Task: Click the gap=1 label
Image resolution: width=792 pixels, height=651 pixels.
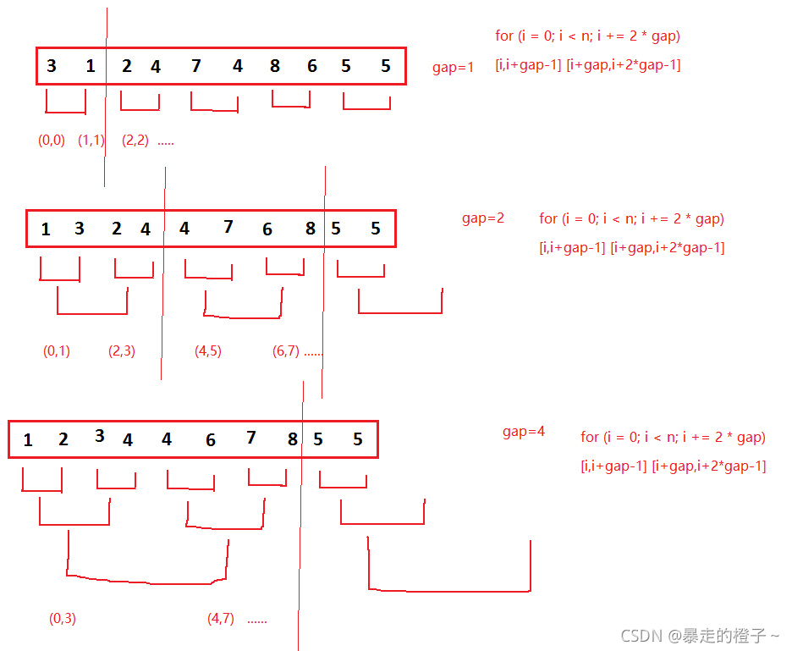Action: coord(454,68)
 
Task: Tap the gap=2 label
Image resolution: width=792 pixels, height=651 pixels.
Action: coord(483,218)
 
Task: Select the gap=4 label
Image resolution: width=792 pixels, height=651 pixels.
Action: coord(524,432)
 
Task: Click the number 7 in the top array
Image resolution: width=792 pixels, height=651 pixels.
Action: coord(196,65)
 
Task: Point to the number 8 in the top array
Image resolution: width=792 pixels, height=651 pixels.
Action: coord(275,65)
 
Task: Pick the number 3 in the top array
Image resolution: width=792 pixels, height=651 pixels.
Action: coord(52,65)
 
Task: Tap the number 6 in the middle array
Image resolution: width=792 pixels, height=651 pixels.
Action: coord(267,229)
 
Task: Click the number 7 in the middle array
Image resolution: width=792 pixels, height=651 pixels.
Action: coord(228,227)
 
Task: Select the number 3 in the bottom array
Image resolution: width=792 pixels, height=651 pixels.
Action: coord(100,436)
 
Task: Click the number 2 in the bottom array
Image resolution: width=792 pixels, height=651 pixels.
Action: coord(63,439)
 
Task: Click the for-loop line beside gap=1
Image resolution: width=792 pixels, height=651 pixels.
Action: coord(588,36)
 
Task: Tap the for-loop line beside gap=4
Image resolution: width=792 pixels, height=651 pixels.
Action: coord(673,437)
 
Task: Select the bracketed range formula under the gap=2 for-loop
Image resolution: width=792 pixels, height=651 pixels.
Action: coord(631,247)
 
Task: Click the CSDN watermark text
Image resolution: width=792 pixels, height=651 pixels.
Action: coord(700,635)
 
